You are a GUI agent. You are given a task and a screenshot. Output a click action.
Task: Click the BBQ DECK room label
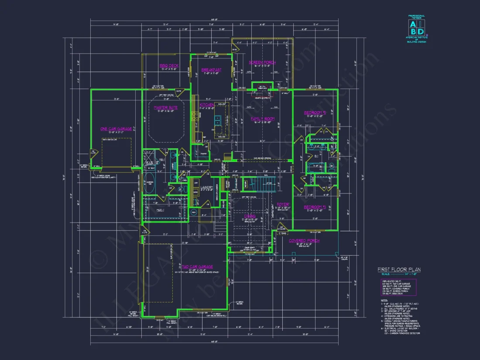tap(168, 66)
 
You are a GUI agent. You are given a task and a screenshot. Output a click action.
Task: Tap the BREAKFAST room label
tap(211, 70)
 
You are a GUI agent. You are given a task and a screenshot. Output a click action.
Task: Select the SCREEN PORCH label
tap(262, 62)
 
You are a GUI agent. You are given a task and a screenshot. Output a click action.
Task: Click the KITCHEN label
tap(207, 105)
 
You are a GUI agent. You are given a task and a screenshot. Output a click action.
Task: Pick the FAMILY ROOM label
tap(262, 119)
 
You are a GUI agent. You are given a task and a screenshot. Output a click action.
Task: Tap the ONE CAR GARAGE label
tap(116, 129)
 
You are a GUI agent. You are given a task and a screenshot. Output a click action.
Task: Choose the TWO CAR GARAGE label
tap(198, 266)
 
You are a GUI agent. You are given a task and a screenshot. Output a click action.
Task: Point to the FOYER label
tap(283, 204)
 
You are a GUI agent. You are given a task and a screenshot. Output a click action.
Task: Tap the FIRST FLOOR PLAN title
tap(399, 270)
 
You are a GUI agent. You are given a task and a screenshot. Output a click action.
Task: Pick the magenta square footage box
tap(398, 287)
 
